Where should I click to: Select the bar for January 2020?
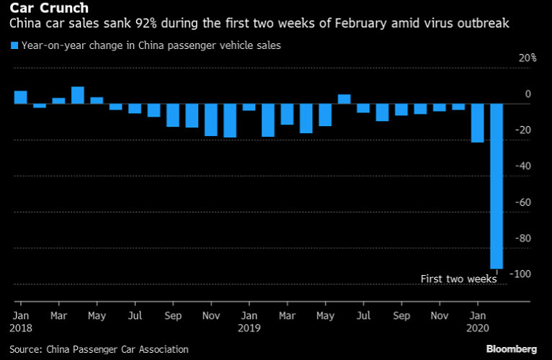pos(477,123)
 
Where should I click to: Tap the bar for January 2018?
pos(21,97)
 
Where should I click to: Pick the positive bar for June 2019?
pos(344,99)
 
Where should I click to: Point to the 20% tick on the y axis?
pos(528,58)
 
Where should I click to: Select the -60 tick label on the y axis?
pos(524,202)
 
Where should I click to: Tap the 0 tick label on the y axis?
pos(528,94)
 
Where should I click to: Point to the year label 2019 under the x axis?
pos(249,328)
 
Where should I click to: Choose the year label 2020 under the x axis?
pos(477,328)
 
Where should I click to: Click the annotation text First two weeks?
pos(458,279)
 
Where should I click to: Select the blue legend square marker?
pos(14,45)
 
